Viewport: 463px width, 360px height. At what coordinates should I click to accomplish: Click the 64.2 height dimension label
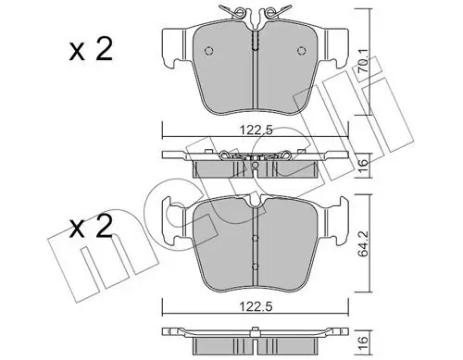(363, 245)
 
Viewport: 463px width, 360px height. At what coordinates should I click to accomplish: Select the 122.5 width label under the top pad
(257, 130)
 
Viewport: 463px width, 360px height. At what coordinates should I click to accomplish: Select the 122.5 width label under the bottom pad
(257, 306)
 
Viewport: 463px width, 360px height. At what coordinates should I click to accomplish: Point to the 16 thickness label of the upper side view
(364, 167)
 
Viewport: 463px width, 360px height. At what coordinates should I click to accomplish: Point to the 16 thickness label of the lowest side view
(364, 341)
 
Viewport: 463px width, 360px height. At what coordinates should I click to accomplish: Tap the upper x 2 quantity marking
(91, 50)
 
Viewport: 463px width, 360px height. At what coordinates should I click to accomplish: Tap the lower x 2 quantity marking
(91, 227)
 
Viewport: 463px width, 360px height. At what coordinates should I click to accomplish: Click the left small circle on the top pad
(209, 51)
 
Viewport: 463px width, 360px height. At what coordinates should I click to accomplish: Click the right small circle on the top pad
(301, 51)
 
